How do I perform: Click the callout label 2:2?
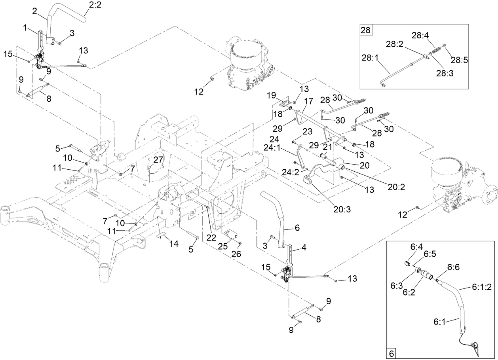coord(93,5)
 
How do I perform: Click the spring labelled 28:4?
coord(435,51)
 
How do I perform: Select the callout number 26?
coord(237,254)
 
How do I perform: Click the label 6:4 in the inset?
coord(416,246)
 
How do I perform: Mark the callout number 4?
coord(304,248)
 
